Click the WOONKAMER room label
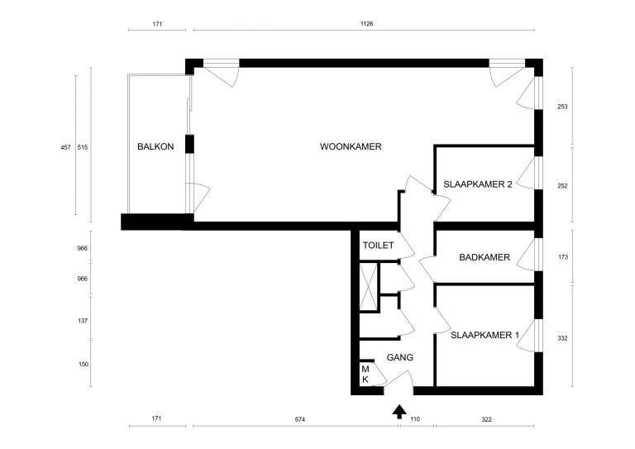click(x=351, y=146)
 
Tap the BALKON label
click(x=155, y=146)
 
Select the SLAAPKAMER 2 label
click(x=478, y=184)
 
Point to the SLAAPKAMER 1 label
click(x=485, y=335)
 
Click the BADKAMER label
click(x=485, y=257)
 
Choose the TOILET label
click(x=378, y=246)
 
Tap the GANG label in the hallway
click(x=400, y=357)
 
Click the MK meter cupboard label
click(x=365, y=375)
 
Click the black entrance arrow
click(x=399, y=411)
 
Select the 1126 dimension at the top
click(x=366, y=24)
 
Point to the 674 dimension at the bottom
click(x=299, y=419)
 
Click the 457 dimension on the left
click(x=65, y=148)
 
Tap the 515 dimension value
click(x=83, y=148)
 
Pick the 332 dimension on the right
click(x=562, y=338)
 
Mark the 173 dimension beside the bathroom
click(x=563, y=257)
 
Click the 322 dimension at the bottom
click(x=486, y=419)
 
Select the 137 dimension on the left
click(x=83, y=321)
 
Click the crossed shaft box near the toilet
click(x=368, y=287)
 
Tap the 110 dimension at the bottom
click(x=415, y=419)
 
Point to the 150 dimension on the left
click(x=83, y=365)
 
